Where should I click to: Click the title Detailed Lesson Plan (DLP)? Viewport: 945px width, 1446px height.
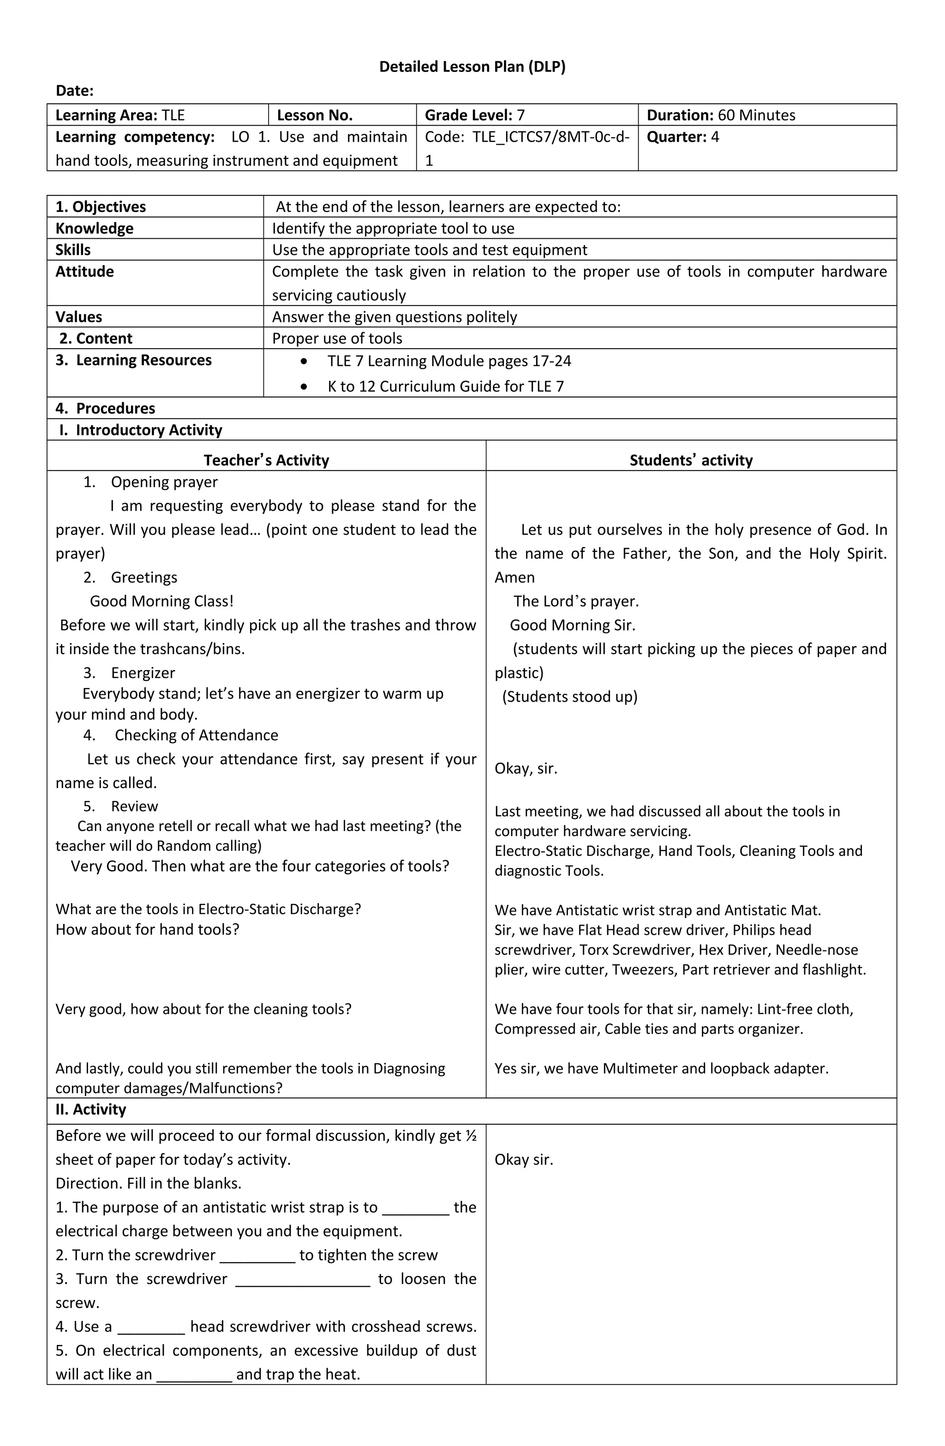point(472,67)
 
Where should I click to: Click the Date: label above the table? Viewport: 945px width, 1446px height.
point(75,90)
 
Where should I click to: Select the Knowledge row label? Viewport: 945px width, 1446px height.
point(94,229)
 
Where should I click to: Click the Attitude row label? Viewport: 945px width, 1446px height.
point(84,271)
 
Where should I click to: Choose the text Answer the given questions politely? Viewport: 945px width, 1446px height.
point(394,317)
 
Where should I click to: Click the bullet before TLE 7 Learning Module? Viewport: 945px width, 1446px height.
point(304,361)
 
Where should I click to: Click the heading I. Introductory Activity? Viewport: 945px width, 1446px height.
point(141,430)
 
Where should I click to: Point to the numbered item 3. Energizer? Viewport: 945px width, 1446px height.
point(129,673)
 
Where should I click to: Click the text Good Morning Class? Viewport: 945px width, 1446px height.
point(161,602)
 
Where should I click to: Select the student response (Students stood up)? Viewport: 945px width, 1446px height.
point(570,697)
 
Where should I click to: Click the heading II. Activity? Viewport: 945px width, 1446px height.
point(90,1109)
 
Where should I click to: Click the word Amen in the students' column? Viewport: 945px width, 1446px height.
point(514,578)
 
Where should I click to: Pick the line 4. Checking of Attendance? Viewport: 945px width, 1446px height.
point(181,735)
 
